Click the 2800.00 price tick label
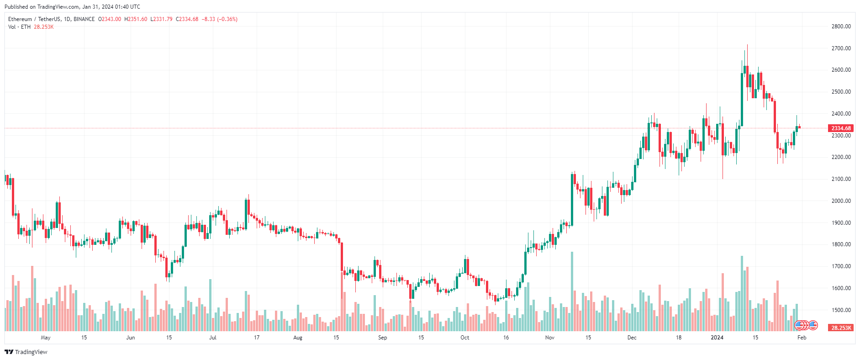coord(841,26)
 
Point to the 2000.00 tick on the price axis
coord(841,201)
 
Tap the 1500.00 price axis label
coord(841,310)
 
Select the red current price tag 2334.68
coord(841,128)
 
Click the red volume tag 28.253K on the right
coord(841,328)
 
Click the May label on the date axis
coord(46,338)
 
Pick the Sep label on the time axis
coord(383,338)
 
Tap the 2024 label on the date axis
coord(717,338)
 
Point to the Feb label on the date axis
coord(802,338)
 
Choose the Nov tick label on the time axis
coord(550,338)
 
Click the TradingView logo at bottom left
coord(26,352)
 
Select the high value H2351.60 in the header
coord(136,19)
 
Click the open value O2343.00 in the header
coord(110,19)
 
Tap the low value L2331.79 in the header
coord(162,19)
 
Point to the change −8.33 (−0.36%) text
coord(220,19)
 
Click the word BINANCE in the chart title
coord(84,19)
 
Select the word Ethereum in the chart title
coord(20,19)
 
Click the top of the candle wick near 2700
coord(747,45)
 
